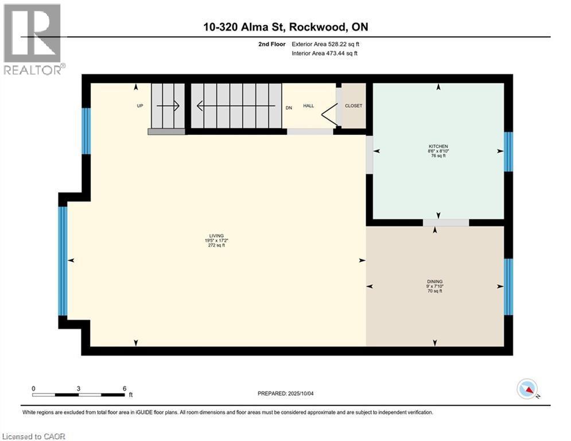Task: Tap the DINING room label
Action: [434, 281]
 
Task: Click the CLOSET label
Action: [353, 106]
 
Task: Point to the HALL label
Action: [308, 106]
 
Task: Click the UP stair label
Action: [139, 106]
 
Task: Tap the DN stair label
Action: [289, 107]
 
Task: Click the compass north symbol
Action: [527, 390]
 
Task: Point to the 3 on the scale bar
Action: [78, 388]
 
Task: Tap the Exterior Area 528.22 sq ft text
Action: [325, 44]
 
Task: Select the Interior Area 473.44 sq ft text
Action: [325, 53]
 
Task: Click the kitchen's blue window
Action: [508, 152]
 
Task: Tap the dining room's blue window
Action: [508, 287]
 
